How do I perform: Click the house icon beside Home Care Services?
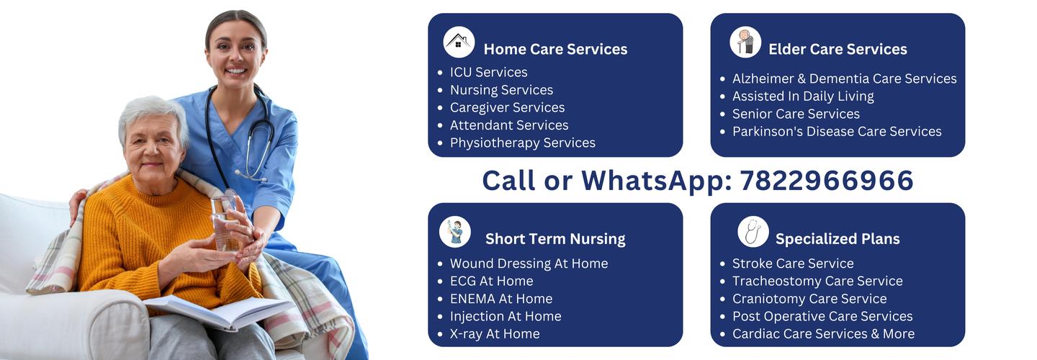click(458, 42)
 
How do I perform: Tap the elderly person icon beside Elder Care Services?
click(745, 42)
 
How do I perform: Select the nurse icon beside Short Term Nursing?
click(454, 232)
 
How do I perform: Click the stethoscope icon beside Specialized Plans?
click(753, 232)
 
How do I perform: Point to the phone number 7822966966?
click(827, 180)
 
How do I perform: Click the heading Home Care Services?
click(555, 49)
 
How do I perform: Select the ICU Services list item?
click(489, 72)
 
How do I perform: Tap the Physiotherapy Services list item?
click(523, 143)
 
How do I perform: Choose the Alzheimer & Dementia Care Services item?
click(845, 78)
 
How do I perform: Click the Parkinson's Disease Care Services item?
click(837, 132)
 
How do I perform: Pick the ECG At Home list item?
click(492, 281)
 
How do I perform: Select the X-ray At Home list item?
click(495, 333)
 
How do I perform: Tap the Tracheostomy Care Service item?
click(817, 281)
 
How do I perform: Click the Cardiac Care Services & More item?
click(824, 333)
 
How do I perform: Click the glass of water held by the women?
click(225, 223)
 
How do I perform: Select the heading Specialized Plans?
click(838, 239)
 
